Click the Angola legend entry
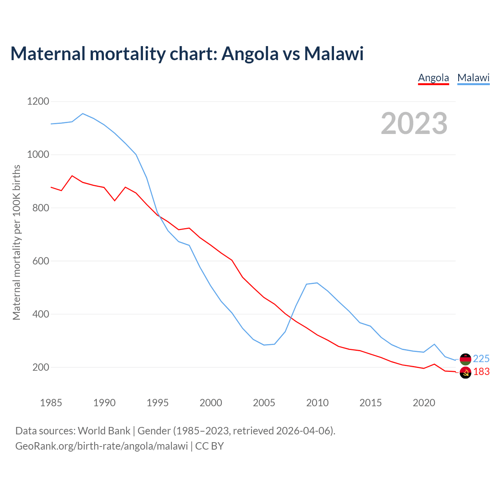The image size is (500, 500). click(x=433, y=78)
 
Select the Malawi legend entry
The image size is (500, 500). click(x=473, y=78)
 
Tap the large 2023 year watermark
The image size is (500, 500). click(x=414, y=123)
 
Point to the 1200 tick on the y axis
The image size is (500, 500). click(x=38, y=102)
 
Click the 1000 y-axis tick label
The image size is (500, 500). click(x=38, y=155)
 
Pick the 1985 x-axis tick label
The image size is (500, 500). click(x=51, y=403)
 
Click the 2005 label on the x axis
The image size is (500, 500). click(x=264, y=403)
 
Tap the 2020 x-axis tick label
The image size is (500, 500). click(x=424, y=403)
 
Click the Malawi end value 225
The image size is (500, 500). click(x=481, y=359)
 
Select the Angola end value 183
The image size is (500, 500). click(x=481, y=372)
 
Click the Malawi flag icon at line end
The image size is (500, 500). click(x=465, y=359)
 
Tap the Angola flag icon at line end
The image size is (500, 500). click(x=465, y=373)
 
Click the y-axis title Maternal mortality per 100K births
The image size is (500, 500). click(x=16, y=242)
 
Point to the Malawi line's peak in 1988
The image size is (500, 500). click(x=83, y=114)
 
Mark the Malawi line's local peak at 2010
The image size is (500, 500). click(x=317, y=283)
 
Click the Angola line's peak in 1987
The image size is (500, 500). click(x=72, y=176)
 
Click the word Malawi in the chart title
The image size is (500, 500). click(x=334, y=54)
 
